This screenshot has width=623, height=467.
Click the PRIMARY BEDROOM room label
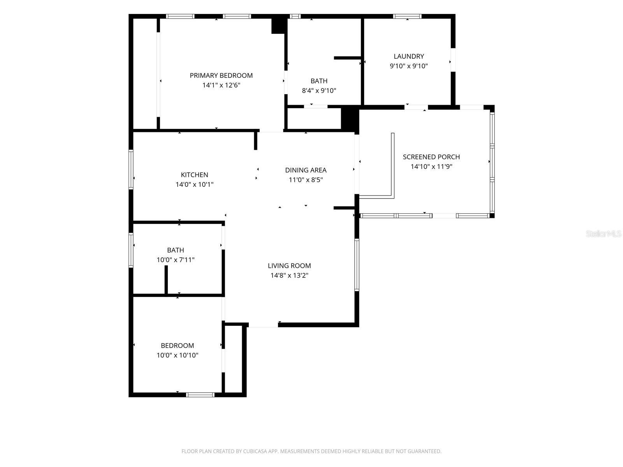point(221,75)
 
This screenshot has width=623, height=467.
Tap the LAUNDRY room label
point(408,56)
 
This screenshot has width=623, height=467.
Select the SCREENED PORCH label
point(431,157)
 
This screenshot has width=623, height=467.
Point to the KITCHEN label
point(194,175)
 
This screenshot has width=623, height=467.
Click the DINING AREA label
point(306,170)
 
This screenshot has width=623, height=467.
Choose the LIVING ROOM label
point(289,266)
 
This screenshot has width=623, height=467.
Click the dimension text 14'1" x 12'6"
point(221,85)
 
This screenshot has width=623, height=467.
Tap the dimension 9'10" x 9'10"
point(408,66)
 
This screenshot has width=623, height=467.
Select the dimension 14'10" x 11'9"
point(431,167)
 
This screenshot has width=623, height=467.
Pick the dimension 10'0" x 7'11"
point(175,260)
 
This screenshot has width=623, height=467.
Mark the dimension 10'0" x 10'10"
point(178,355)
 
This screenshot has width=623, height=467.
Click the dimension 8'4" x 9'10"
point(319,90)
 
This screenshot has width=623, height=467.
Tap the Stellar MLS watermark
point(604,233)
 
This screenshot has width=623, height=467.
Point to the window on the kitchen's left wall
point(131,170)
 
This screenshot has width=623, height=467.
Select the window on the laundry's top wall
point(407,16)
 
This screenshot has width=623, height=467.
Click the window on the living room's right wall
point(357,265)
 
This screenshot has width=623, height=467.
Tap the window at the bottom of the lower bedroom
point(201,395)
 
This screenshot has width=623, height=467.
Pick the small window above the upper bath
point(295,16)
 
